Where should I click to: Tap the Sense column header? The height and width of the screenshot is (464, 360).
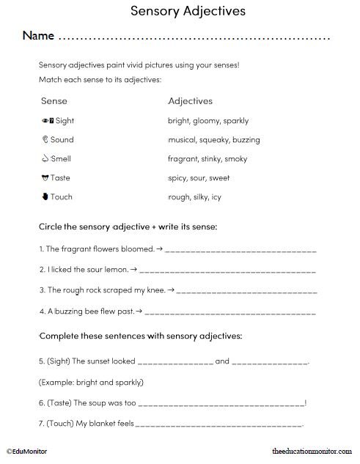click(54, 100)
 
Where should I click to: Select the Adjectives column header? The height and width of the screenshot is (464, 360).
click(191, 100)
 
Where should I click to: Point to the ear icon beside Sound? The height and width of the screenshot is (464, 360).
click(45, 139)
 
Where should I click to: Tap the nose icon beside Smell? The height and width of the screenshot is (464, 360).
click(45, 158)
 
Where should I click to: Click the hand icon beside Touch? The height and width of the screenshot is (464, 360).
click(45, 196)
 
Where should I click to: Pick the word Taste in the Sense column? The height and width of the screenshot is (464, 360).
click(61, 177)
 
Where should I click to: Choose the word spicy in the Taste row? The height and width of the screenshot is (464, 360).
click(179, 177)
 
